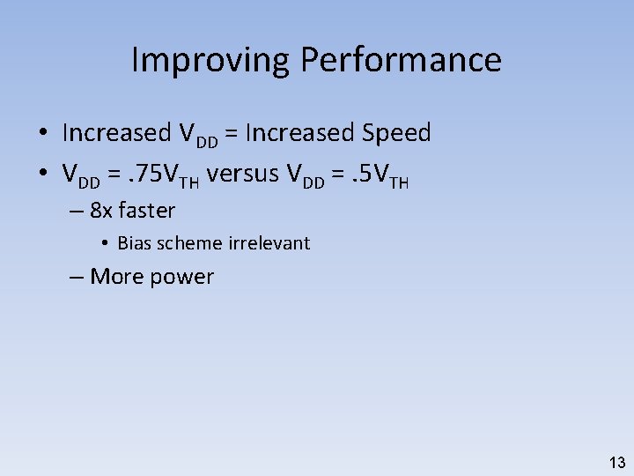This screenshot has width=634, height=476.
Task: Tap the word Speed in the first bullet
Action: pyautogui.click(x=396, y=133)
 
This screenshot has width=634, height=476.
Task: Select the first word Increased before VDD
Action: pyautogui.click(x=117, y=133)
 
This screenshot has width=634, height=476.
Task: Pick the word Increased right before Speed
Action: pyautogui.click(x=300, y=133)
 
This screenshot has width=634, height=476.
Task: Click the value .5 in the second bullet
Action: pyautogui.click(x=358, y=175)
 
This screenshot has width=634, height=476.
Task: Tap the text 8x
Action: pyautogui.click(x=101, y=211)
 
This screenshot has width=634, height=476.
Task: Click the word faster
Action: pyautogui.click(x=146, y=211)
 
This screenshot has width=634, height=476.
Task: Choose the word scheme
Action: pyautogui.click(x=189, y=243)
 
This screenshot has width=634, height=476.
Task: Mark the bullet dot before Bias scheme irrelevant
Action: pyautogui.click(x=104, y=243)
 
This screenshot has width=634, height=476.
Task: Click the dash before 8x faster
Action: pyautogui.click(x=76, y=212)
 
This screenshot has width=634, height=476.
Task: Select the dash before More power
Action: pyautogui.click(x=76, y=277)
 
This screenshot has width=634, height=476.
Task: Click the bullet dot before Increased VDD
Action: pyautogui.click(x=42, y=134)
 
